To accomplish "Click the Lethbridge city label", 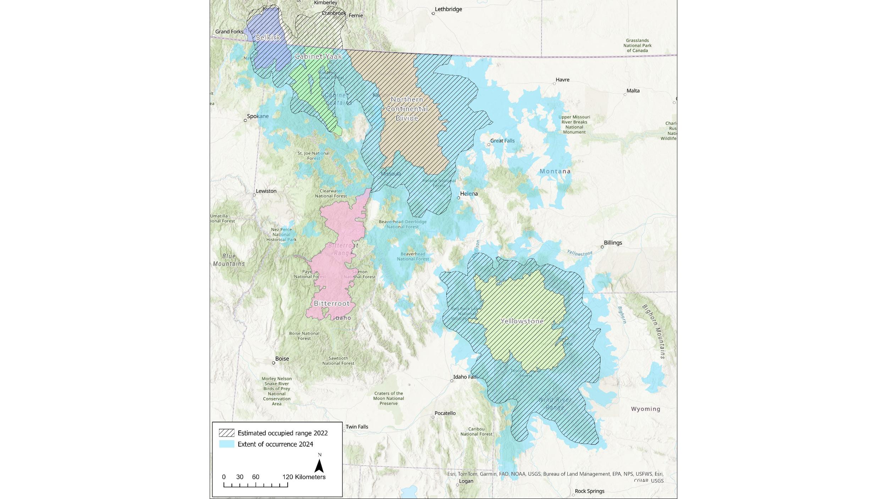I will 448,9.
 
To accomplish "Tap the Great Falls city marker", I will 489,145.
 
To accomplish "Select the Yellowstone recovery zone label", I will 522,321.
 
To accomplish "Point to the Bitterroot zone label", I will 332,304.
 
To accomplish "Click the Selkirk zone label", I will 268,37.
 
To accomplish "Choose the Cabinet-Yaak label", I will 318,56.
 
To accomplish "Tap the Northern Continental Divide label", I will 407,109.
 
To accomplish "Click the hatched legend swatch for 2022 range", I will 226,433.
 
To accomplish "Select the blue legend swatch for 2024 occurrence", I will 226,444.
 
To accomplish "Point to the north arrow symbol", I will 319,466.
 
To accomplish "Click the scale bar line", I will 255,484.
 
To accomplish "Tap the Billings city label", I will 613,243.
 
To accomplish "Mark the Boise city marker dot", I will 274,363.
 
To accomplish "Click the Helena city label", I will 469,194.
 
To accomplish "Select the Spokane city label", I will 258,116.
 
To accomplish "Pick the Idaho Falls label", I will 465,377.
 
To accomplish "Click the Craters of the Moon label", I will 389,398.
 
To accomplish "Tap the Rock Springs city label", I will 589,491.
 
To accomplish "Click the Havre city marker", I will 554,84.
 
